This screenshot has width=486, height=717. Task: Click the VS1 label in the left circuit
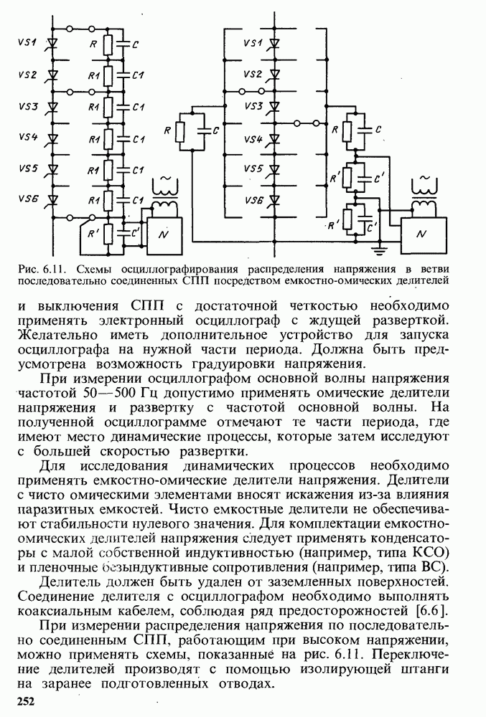tap(27, 43)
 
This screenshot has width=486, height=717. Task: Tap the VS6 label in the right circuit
tap(253, 200)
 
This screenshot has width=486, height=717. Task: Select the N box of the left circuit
tap(164, 235)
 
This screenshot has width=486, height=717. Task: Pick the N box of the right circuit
tap(421, 234)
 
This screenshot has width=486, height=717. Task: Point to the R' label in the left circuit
tap(90, 232)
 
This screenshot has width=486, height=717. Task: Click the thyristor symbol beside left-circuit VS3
tap(52, 106)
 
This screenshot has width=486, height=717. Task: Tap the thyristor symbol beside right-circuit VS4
tap(275, 138)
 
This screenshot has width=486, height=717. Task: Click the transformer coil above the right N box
tap(423, 206)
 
